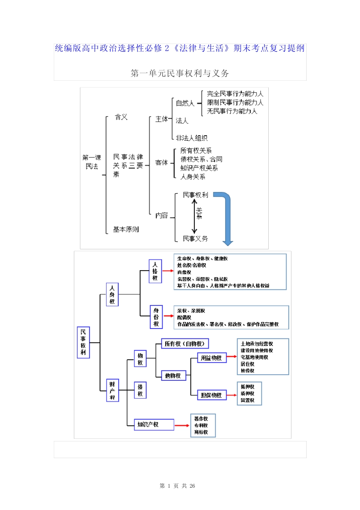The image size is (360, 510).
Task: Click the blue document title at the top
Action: [x=180, y=48]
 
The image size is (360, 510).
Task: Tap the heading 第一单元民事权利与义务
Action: [x=180, y=73]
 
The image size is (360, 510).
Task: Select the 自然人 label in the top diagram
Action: [x=185, y=103]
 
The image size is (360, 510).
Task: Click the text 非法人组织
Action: [x=192, y=138]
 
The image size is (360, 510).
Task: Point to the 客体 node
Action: [x=161, y=163]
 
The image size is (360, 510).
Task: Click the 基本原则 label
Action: [x=126, y=229]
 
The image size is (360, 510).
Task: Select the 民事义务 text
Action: [x=195, y=238]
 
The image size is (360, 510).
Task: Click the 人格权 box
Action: [x=155, y=271]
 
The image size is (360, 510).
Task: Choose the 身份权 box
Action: [x=156, y=317]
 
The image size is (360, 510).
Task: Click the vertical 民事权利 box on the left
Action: [x=83, y=342]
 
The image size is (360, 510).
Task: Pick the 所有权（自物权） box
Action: [x=185, y=344]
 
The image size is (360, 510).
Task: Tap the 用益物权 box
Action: [x=211, y=358]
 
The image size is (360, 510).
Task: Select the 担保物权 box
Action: [x=211, y=395]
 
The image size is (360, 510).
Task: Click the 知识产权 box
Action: [x=153, y=424]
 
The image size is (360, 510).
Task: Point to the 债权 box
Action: [x=140, y=390]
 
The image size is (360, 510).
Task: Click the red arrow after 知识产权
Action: [x=182, y=425]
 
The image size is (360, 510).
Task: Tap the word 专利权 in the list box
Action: [x=201, y=426]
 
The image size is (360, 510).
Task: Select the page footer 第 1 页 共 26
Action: [x=177, y=486]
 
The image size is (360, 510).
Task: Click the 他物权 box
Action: [x=173, y=375]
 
